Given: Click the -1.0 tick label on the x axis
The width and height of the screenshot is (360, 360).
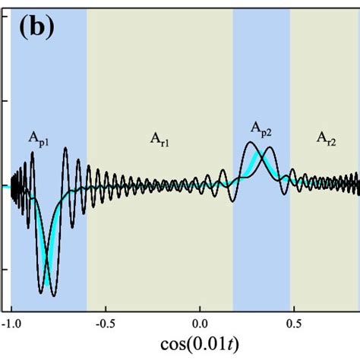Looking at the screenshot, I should tap(11, 322).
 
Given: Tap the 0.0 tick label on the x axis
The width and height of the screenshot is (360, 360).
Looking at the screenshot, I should tap(200, 322).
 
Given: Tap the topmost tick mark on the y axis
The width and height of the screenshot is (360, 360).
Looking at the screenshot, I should tap(7, 99).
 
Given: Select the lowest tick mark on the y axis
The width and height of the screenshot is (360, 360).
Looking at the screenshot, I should tap(7, 269).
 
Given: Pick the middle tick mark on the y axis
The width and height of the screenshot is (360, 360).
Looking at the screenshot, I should tap(7, 185).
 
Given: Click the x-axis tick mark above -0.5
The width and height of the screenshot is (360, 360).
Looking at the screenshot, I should tap(106, 308).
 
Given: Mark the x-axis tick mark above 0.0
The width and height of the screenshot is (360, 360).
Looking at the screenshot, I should tap(200, 308).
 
